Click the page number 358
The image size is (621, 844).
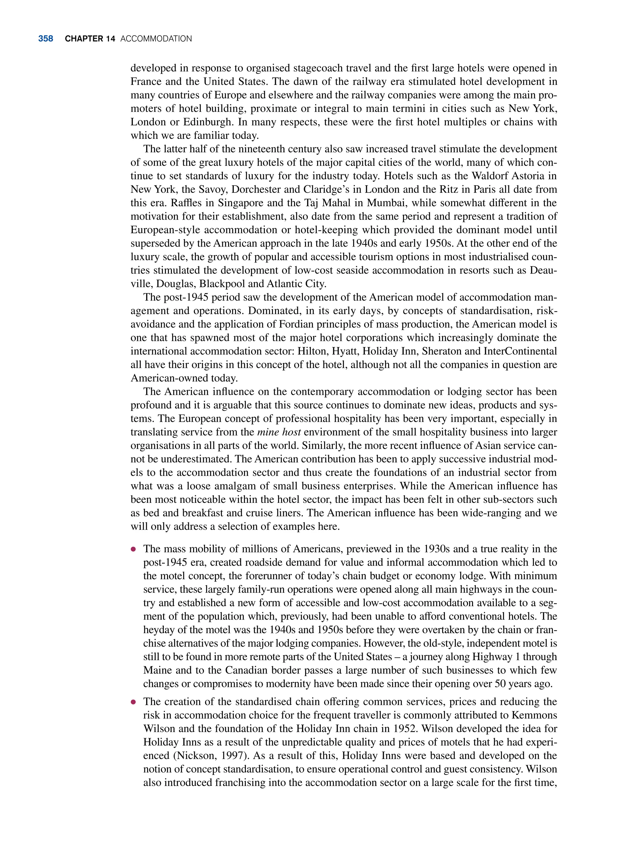(45, 39)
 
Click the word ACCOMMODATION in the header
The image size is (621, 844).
(156, 39)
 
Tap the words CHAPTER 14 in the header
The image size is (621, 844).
(90, 39)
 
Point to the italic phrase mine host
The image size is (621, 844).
(279, 432)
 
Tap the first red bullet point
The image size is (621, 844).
(133, 549)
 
